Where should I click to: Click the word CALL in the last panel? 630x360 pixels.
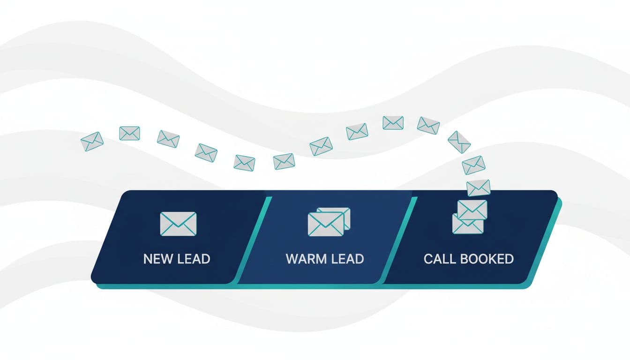[x=439, y=259]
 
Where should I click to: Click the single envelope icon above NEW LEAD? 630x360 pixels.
[x=178, y=224]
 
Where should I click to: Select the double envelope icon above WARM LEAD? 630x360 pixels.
[x=328, y=222]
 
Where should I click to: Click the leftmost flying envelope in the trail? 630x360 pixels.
[x=92, y=141]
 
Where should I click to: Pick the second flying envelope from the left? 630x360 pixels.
[x=129, y=133]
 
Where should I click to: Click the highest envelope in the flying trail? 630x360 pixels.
[x=393, y=123]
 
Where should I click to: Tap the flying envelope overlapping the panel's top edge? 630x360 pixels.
[x=479, y=187]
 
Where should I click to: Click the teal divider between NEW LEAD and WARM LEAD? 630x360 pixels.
[x=253, y=239]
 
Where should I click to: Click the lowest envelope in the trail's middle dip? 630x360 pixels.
[x=244, y=163]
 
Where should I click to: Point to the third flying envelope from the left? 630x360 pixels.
[x=168, y=139]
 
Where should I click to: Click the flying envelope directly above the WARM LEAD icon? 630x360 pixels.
[x=321, y=146]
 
